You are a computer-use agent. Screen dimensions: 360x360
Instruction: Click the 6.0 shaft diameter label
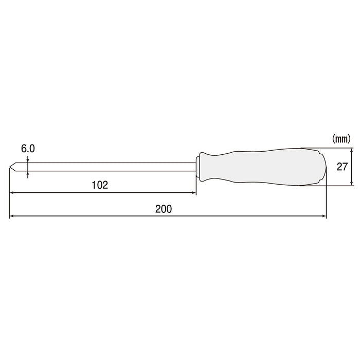[x=28, y=148]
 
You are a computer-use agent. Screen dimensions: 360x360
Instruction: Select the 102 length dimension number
[x=101, y=185]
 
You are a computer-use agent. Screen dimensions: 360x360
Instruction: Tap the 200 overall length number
[x=163, y=209]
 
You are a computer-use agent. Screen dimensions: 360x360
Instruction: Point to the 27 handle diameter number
[x=343, y=167]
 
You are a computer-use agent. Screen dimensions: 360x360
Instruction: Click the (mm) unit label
[x=341, y=138]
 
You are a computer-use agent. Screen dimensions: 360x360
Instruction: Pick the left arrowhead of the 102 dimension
[x=12, y=193]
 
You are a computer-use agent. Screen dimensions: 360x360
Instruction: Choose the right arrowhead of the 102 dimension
[x=193, y=193]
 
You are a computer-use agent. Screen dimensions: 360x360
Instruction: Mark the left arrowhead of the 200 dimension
[x=12, y=217]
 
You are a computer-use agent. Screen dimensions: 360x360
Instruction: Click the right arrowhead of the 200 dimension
[x=323, y=217]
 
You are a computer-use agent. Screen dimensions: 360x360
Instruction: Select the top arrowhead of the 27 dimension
[x=352, y=150]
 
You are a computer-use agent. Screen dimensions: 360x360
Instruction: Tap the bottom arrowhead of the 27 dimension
[x=352, y=183]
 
